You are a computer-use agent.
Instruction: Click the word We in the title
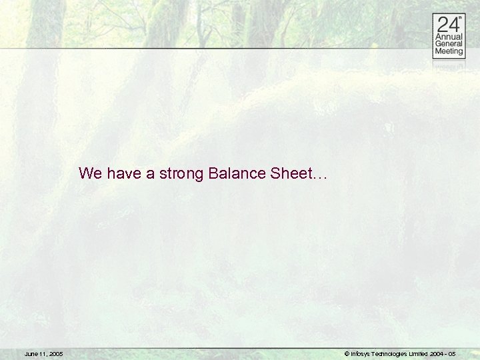pos(90,174)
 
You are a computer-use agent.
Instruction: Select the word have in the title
pos(124,174)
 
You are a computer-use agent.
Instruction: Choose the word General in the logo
pos(449,45)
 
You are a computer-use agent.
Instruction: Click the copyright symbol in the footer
pos(347,354)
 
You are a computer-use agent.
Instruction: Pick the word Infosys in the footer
pos(360,354)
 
